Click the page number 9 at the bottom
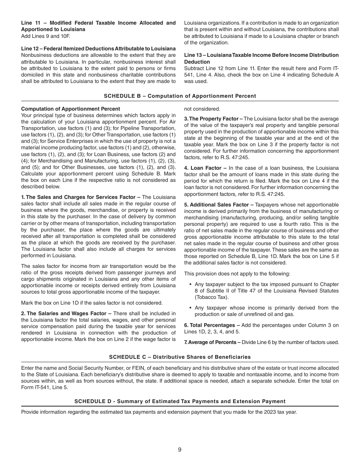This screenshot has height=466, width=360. [x=180, y=450]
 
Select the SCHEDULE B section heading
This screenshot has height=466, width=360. [x=180, y=96]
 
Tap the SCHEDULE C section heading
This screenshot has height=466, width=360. [x=180, y=357]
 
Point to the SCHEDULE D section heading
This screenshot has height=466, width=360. [x=180, y=401]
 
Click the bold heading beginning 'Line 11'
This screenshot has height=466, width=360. [x=98, y=26]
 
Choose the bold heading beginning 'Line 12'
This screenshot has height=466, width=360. [x=98, y=48]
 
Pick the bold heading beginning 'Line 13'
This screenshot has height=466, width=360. [x=261, y=58]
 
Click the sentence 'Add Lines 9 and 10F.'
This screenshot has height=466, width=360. [x=45, y=36]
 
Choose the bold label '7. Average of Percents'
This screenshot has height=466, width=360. [x=212, y=342]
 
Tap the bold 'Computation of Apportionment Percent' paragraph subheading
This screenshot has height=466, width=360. [x=70, y=109]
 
